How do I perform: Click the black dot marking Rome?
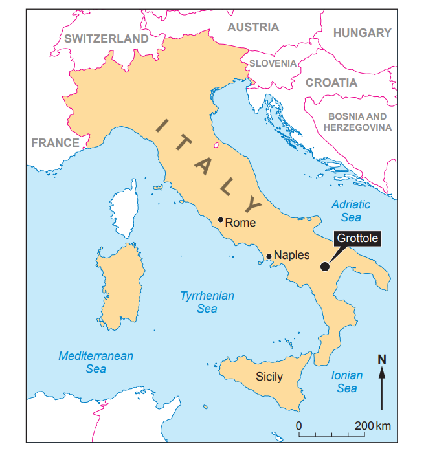coord(221,220)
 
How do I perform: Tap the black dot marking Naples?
coord(269,256)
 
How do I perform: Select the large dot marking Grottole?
coord(325,265)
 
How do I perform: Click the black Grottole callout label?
coord(357,239)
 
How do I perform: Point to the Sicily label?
coord(269,376)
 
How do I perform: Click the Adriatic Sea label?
coord(351,211)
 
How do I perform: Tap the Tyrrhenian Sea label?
coord(207,302)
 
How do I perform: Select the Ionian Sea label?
coord(347,382)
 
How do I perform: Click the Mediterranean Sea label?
coord(96,362)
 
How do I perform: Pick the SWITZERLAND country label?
coord(106,39)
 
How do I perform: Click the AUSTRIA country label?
coord(253,27)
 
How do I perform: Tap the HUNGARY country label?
coord(362,33)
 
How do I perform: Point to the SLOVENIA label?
coord(273,63)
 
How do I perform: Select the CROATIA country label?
coord(331,83)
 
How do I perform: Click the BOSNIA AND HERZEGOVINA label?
coord(357,122)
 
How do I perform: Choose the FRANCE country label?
coord(55,142)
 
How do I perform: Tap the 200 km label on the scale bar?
coord(373,426)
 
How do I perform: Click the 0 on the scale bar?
coord(299,426)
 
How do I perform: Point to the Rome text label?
coord(240,223)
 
